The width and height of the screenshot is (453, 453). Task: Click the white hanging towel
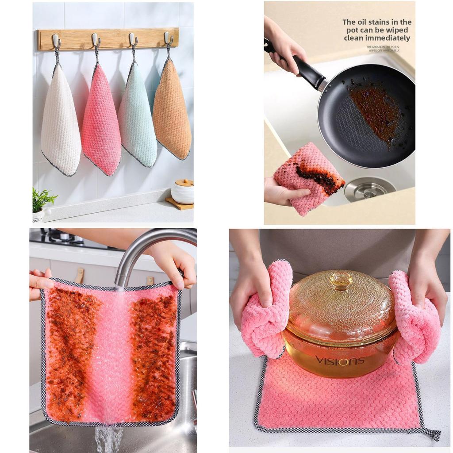coord(61,124)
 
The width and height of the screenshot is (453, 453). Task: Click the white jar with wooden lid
coord(182,191)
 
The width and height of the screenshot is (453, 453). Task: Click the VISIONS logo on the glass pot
coord(340,361)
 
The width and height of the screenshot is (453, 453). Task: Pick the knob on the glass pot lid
coord(341,280)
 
